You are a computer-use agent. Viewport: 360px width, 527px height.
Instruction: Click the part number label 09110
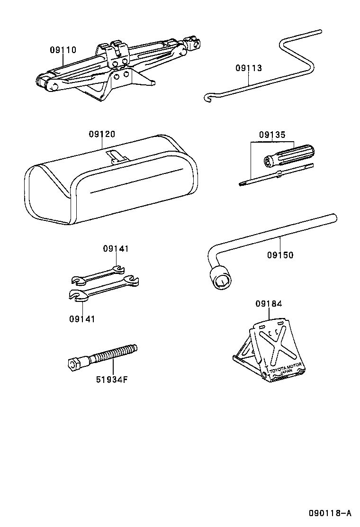point(63,49)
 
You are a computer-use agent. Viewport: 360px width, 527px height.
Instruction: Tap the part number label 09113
point(248,68)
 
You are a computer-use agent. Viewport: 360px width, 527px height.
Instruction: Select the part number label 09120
point(101,135)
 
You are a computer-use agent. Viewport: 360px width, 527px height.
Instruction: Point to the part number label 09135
point(272,135)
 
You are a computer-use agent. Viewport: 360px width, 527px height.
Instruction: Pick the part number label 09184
point(269,304)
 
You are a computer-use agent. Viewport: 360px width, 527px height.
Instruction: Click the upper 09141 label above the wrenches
point(116,248)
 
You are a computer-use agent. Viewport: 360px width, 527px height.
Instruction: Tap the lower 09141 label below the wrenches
point(81,319)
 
